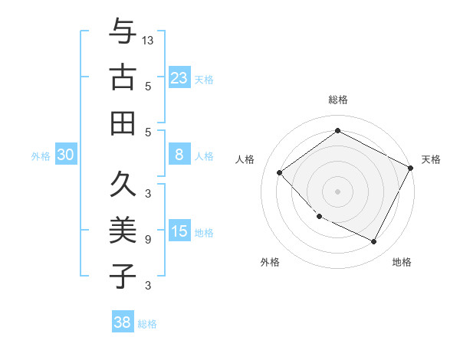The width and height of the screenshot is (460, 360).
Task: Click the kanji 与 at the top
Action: [x=122, y=31]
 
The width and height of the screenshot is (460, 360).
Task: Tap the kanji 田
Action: [x=122, y=123]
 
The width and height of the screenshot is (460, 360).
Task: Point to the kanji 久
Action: [x=122, y=185]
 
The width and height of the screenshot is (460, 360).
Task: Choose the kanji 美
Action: [x=122, y=230]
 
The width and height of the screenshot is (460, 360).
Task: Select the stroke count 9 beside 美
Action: [x=148, y=240]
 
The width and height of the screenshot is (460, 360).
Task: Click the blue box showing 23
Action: [x=179, y=77]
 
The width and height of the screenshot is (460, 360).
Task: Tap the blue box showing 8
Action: [x=179, y=155]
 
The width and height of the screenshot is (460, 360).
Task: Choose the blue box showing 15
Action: [x=179, y=231]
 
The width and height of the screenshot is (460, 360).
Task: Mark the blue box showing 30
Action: [x=65, y=155]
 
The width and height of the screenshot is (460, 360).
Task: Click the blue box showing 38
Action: [x=122, y=322]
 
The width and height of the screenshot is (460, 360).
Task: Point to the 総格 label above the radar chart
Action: [x=337, y=100]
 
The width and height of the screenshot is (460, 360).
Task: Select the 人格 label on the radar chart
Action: [x=245, y=159]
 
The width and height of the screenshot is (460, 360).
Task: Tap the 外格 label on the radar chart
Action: [x=270, y=262]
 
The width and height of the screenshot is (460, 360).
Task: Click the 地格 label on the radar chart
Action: [x=402, y=262]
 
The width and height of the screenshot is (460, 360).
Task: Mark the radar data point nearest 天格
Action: [x=411, y=168]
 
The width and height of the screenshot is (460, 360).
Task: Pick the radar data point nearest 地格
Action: [x=374, y=242]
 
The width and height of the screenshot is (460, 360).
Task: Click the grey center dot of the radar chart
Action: [x=337, y=191]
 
